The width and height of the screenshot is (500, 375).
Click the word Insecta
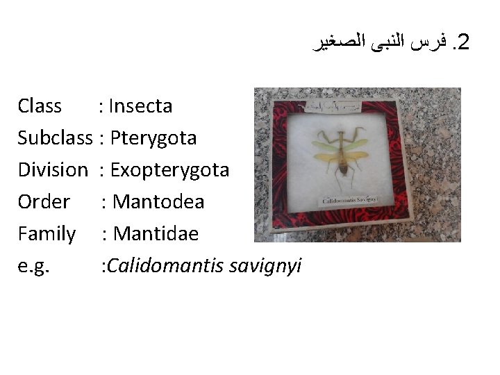[141, 106]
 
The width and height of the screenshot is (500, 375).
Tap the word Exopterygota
[169, 170]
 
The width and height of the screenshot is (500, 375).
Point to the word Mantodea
[158, 202]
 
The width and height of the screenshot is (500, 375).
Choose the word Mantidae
[156, 234]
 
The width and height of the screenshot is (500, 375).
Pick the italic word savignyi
[271, 266]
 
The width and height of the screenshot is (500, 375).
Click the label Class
[40, 106]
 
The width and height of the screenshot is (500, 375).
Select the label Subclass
[55, 138]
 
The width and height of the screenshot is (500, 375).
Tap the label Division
[53, 170]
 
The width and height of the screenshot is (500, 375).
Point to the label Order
[44, 202]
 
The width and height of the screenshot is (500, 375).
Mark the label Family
[47, 234]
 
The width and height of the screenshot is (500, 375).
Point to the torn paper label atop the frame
[341, 107]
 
